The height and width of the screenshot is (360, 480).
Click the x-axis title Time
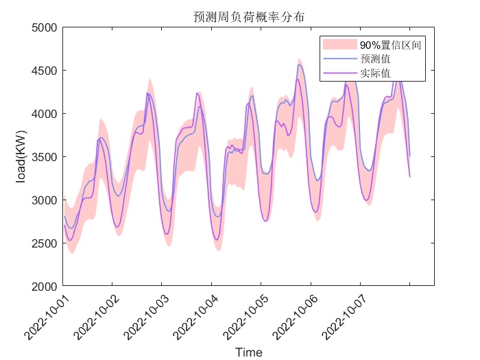[x=248, y=352]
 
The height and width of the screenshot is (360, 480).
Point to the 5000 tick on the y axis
[x=45, y=27]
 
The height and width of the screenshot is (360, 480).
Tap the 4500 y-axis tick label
[x=45, y=71]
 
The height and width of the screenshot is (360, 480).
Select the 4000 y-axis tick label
[x=45, y=114]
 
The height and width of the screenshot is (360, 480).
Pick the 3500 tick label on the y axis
[x=45, y=157]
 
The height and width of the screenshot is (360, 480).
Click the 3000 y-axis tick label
[x=45, y=200]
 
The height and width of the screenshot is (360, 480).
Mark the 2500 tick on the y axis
[x=45, y=243]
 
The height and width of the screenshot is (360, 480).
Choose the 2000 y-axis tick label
[x=45, y=286]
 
